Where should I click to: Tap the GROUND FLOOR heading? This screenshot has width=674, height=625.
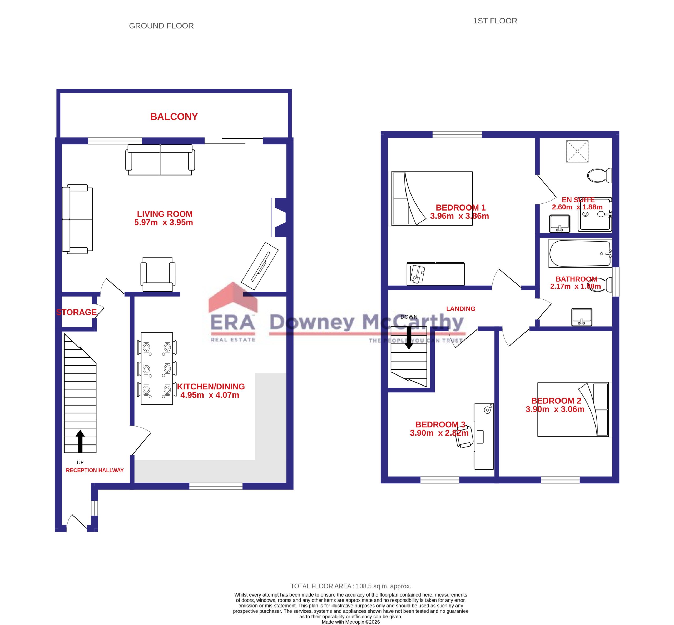161,26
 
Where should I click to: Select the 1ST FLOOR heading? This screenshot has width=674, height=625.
495,21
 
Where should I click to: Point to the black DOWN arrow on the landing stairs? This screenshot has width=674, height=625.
409,338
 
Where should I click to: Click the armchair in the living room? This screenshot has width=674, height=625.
158,274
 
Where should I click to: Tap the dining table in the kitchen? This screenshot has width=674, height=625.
157,368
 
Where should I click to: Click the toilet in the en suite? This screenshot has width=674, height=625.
599,175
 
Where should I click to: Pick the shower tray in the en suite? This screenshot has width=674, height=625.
595,214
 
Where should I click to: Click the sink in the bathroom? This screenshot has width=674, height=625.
581,317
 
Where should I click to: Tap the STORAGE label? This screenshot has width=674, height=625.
76,312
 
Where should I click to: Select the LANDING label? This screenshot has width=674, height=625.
460,309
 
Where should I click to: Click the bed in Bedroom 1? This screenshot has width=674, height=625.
430,198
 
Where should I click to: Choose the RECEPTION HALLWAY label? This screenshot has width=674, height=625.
95,470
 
